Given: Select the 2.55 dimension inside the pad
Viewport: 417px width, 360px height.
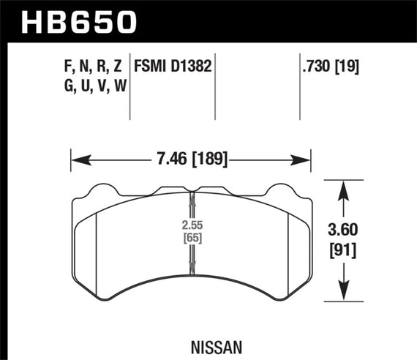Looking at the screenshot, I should (192, 225).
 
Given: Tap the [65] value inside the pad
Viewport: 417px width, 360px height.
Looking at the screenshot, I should (192, 238).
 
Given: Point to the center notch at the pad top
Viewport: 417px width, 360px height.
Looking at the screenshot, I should (192, 194).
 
